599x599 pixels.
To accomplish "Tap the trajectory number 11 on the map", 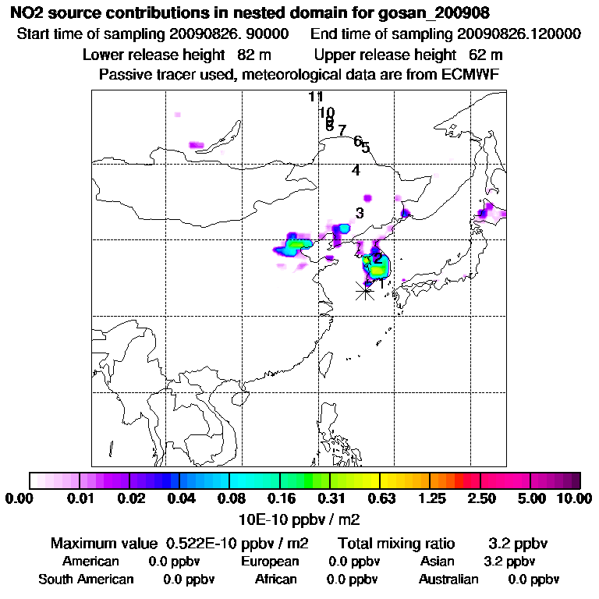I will coord(316,97).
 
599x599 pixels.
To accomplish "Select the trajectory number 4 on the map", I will coord(356,171).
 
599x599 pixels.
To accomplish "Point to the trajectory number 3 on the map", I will coord(360,213).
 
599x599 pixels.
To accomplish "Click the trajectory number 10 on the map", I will coord(327,112).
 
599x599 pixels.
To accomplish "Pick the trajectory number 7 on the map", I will coord(342,130).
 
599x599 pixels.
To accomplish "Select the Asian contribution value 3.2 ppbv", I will coord(509,562).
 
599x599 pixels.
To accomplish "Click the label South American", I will coord(86,580).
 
